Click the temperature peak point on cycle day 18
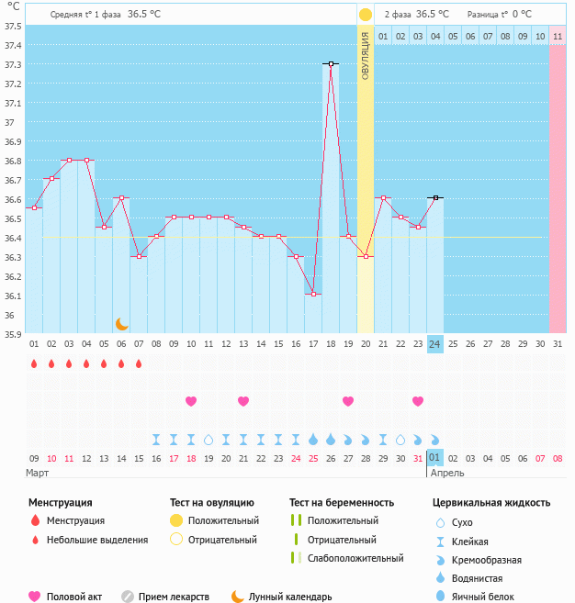[x=331, y=63]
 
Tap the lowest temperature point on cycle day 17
[x=313, y=294]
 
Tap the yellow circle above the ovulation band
[x=366, y=15]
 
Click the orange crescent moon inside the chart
[x=121, y=323]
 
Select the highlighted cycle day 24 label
[x=435, y=344]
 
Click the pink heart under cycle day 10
[x=191, y=401]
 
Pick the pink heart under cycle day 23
[x=418, y=401]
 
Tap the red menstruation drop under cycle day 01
[x=34, y=363]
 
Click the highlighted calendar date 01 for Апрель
[x=435, y=458]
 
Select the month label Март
[x=37, y=473]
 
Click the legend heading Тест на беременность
[x=341, y=503]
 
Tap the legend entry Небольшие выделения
[x=96, y=540]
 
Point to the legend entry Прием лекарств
[x=174, y=597]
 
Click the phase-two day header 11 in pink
[x=558, y=36]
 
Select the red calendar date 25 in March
[x=313, y=458]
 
